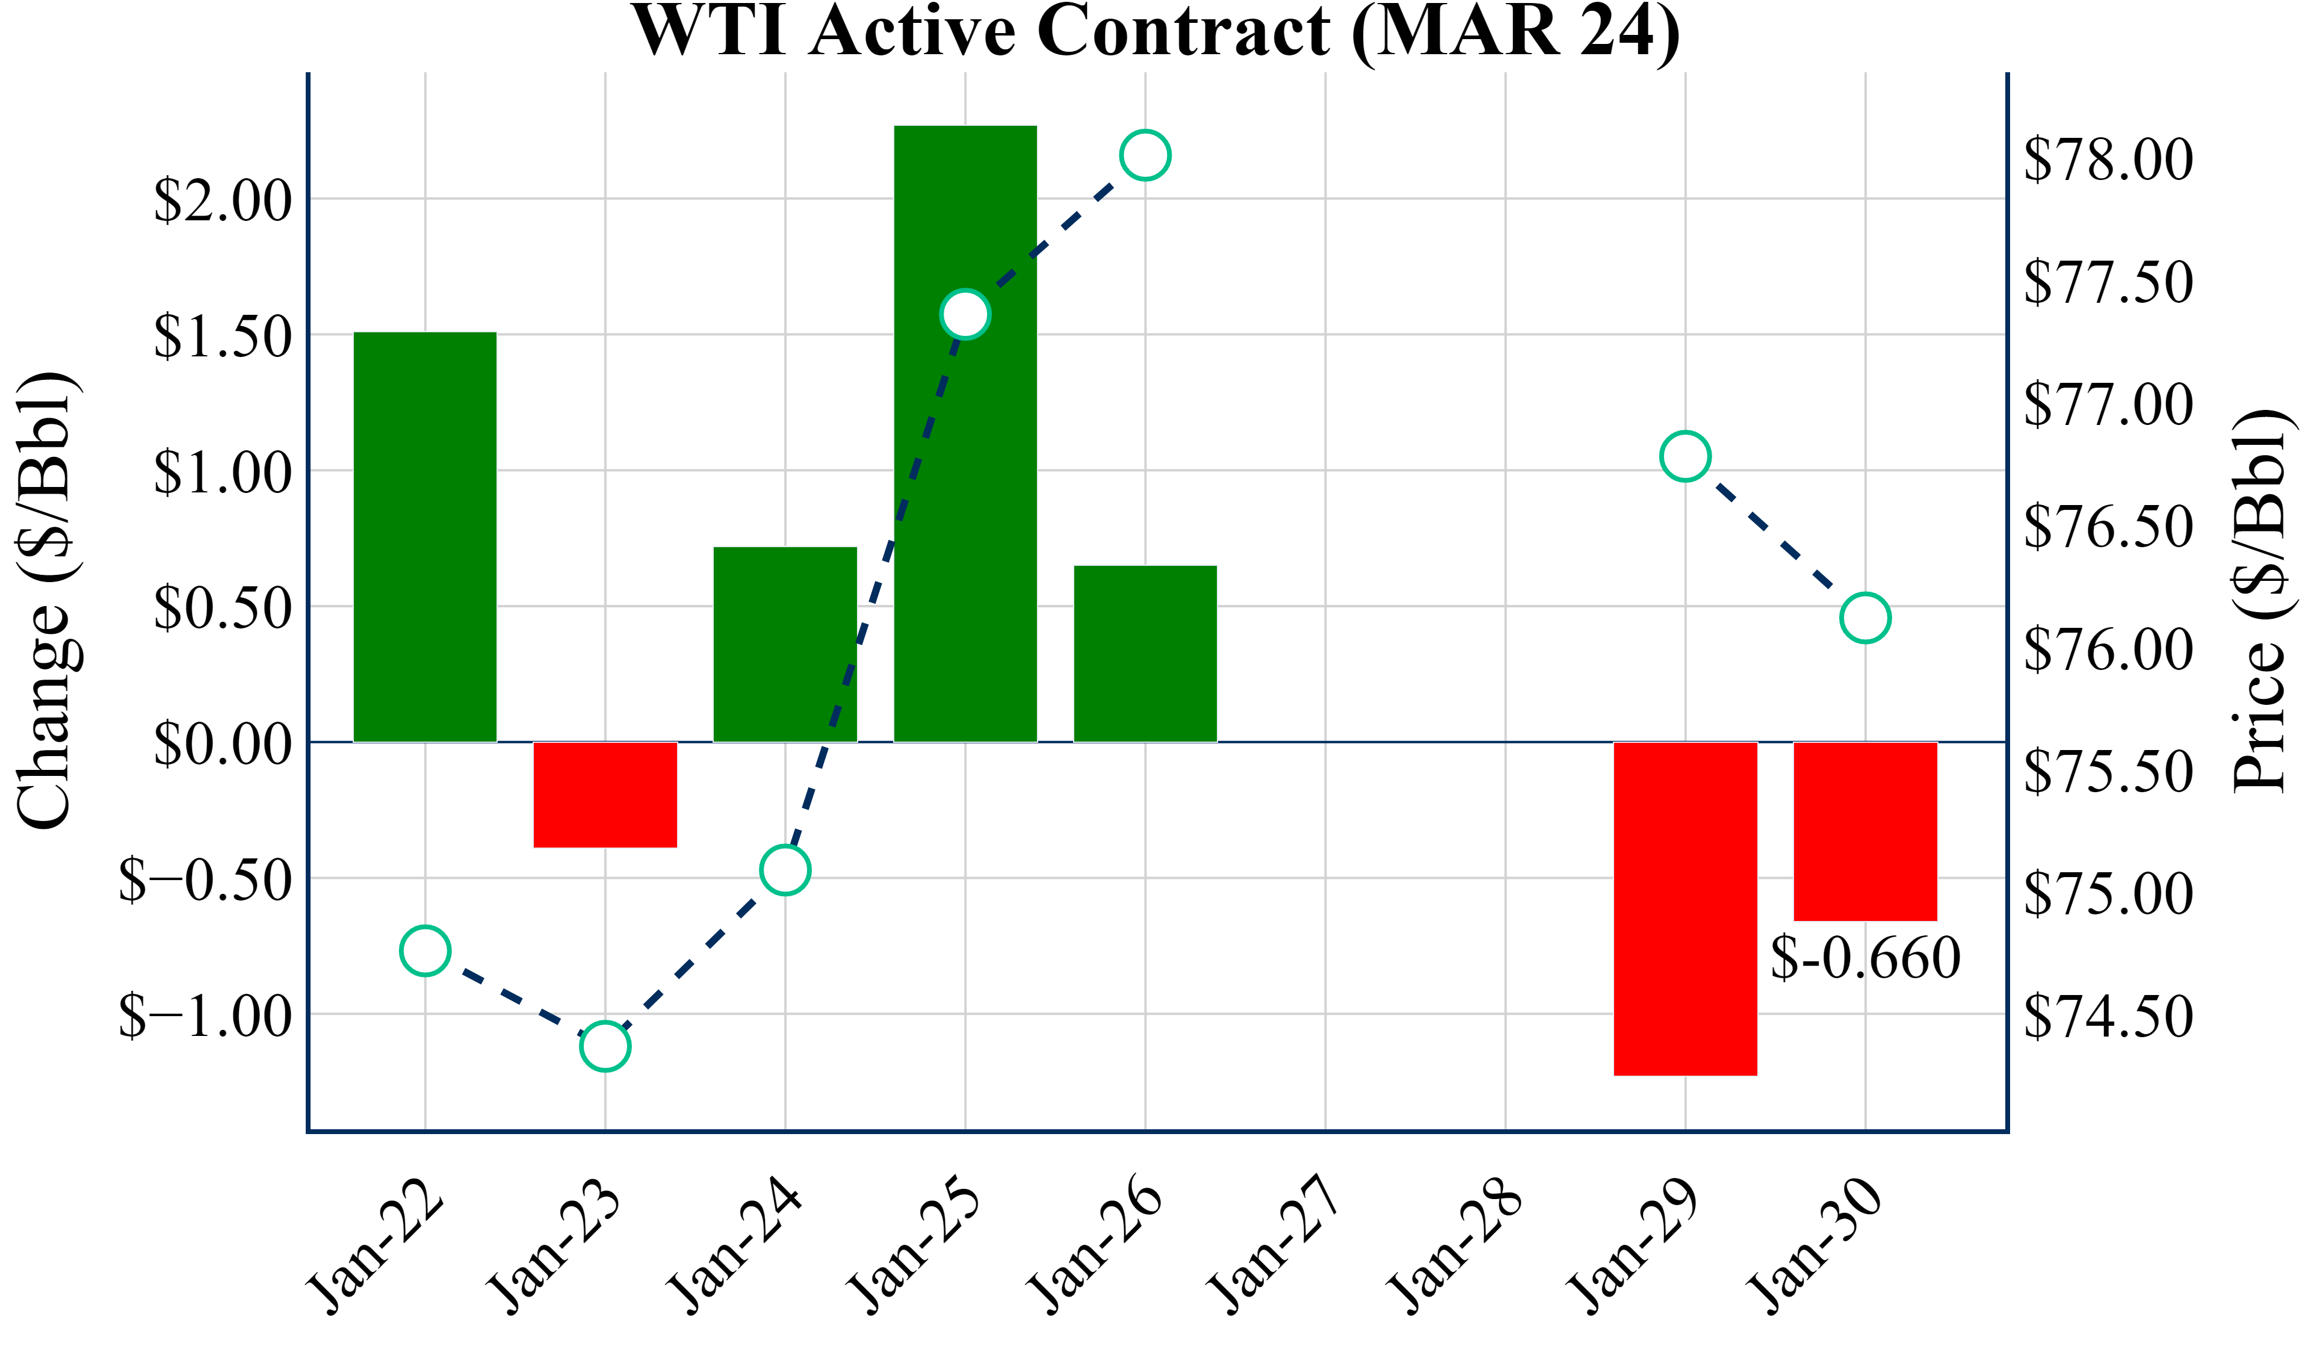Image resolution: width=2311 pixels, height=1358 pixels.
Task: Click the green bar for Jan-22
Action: (x=425, y=537)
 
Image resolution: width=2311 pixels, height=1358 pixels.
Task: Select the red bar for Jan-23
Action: (x=605, y=795)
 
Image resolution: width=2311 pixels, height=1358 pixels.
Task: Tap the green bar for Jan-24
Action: (x=785, y=644)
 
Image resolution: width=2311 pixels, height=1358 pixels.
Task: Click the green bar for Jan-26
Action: (x=1145, y=653)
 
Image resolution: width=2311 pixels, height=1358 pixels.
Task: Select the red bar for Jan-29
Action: (x=1686, y=908)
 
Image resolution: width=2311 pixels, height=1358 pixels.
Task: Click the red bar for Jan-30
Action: (x=1865, y=831)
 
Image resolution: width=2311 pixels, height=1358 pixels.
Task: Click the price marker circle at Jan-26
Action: (x=1145, y=155)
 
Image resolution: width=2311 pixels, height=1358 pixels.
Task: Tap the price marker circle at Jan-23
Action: (x=605, y=1046)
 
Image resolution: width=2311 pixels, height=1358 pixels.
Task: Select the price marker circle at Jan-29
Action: (x=1686, y=456)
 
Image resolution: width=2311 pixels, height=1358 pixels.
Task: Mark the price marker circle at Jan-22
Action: (x=425, y=950)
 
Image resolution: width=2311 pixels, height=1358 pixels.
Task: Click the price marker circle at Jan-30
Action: (x=1865, y=618)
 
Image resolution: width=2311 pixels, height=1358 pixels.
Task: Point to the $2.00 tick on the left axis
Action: (x=223, y=200)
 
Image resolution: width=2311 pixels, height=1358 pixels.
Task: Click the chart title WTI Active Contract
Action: (x=1155, y=31)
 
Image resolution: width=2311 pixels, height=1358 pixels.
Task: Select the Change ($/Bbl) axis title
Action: (x=46, y=601)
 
